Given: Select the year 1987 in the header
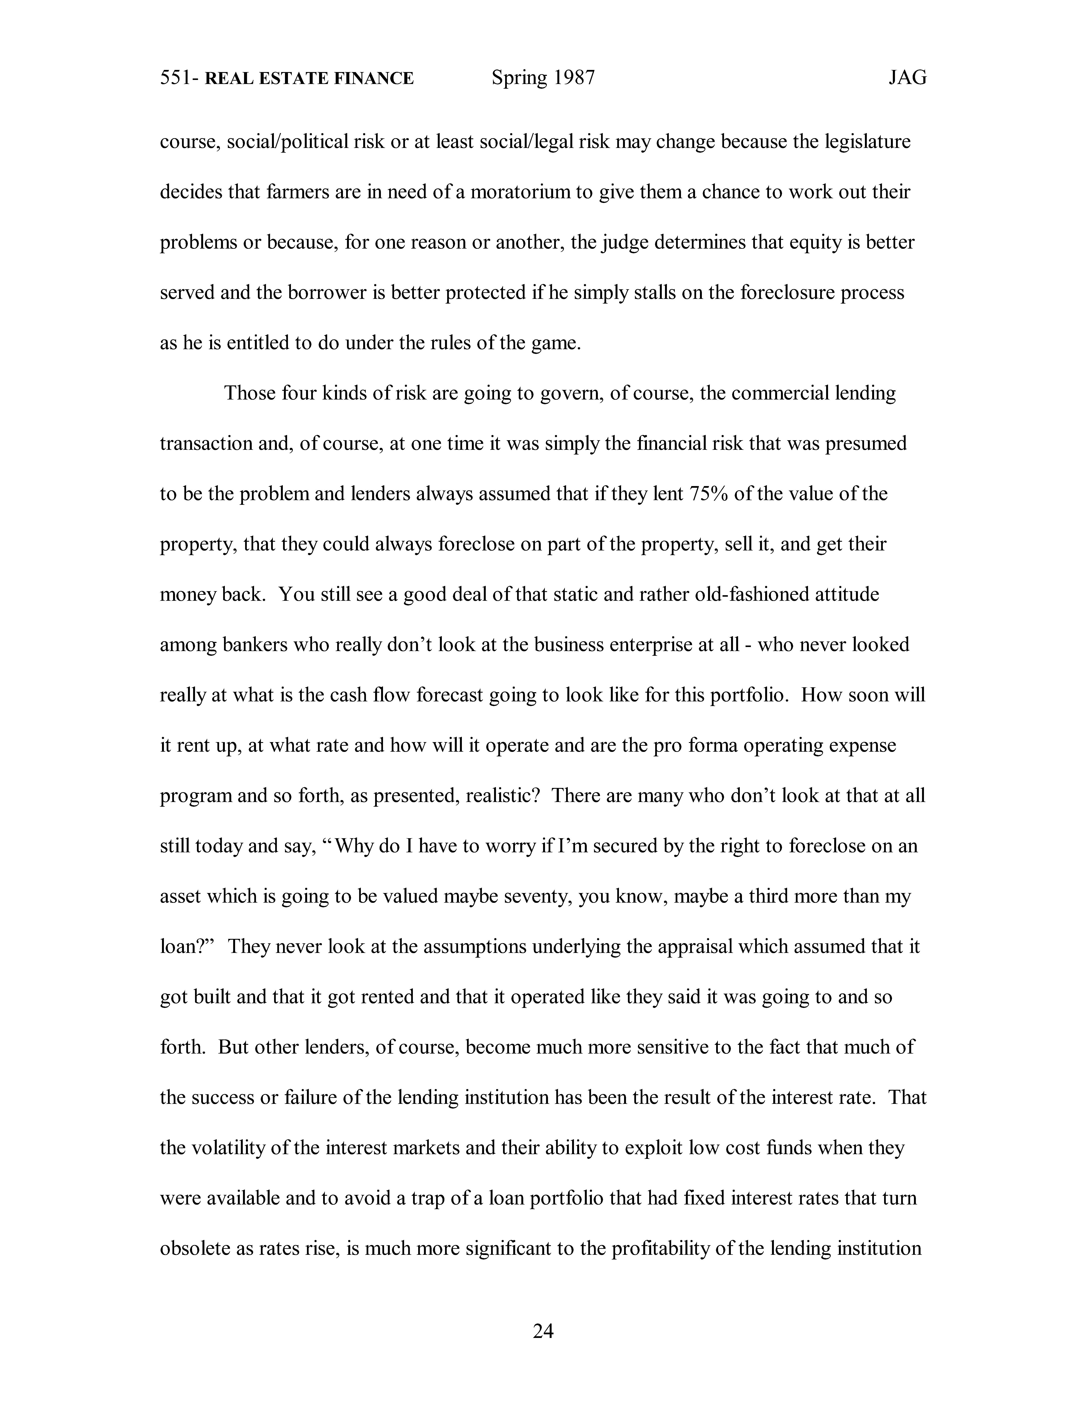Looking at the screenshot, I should pos(572,78).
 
